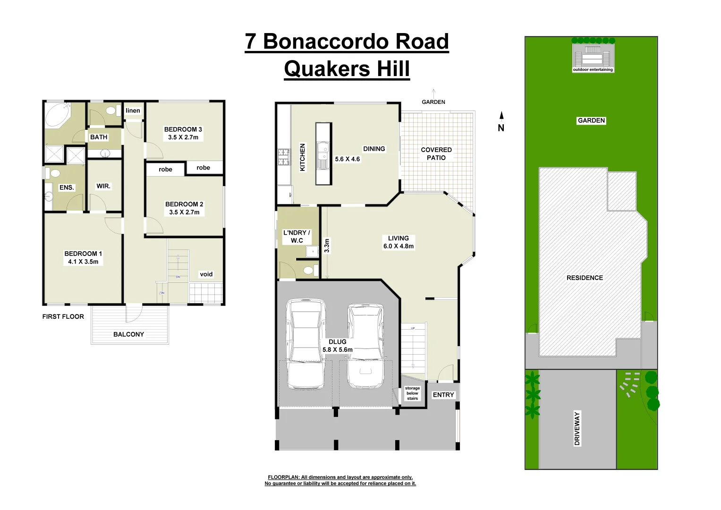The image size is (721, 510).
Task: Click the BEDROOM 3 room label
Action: point(183,129)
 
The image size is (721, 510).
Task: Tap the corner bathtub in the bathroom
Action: point(57,115)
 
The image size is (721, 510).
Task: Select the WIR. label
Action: point(103,186)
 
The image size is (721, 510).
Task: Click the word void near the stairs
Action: point(206,274)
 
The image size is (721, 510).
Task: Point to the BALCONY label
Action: point(128,334)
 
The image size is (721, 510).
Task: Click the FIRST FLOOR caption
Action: point(63,317)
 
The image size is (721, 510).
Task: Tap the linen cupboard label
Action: point(133,111)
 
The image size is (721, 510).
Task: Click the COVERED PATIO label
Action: point(436,154)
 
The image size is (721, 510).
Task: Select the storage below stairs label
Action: point(412,393)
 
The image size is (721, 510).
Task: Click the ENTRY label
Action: point(443,395)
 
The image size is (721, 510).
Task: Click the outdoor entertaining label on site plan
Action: point(593,70)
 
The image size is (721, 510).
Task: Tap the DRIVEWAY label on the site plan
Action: point(577,429)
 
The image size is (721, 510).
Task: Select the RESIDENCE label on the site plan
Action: point(585,278)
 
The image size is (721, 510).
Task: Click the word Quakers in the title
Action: point(327,69)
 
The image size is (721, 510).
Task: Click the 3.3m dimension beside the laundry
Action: point(327,246)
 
